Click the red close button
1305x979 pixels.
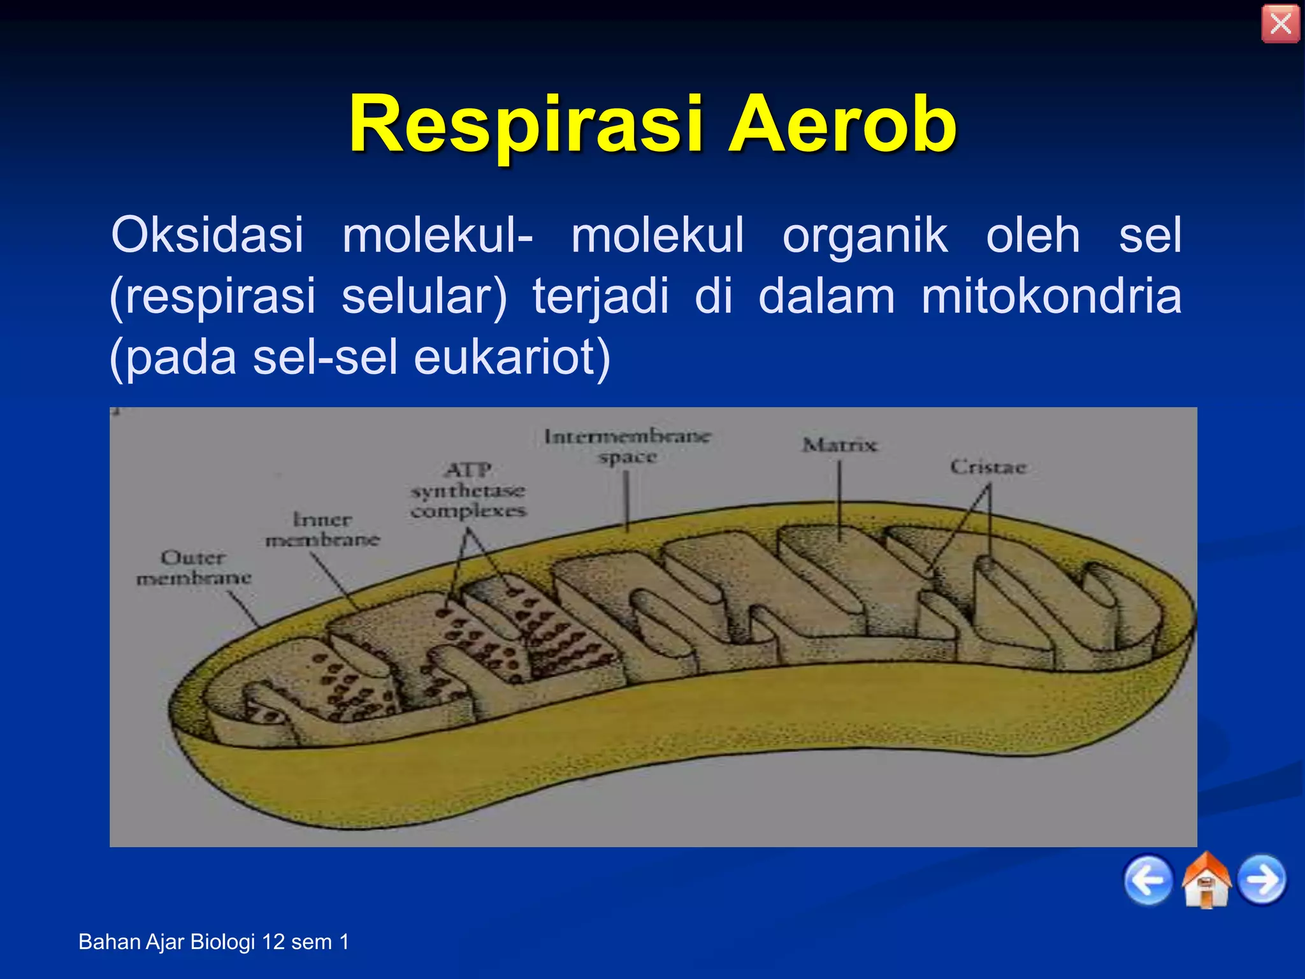coord(1280,24)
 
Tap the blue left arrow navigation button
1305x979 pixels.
coord(1148,880)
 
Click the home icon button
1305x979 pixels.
coord(1206,880)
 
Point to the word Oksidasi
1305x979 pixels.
coord(207,235)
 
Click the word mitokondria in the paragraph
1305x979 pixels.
coord(1051,296)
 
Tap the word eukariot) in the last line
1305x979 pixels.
coord(512,357)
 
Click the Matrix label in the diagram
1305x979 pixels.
coord(839,445)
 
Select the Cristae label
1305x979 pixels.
coord(988,467)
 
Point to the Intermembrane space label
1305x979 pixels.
coord(627,446)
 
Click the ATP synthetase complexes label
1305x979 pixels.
coord(468,491)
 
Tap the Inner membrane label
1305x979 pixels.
coord(322,530)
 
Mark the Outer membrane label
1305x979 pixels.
coord(194,568)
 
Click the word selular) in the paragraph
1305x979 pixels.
coord(424,296)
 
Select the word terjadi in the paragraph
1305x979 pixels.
coord(600,296)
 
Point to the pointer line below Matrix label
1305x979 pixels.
coord(839,500)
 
